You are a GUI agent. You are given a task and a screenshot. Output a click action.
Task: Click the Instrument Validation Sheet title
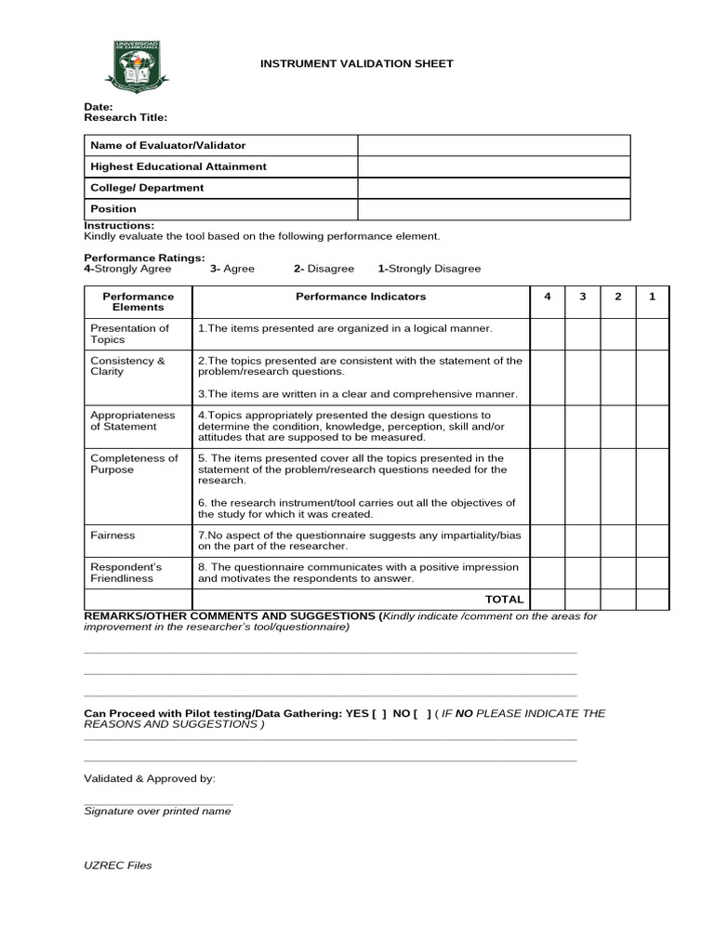pyautogui.click(x=356, y=64)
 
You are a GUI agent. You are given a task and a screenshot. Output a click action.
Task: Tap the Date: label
pyautogui.click(x=99, y=107)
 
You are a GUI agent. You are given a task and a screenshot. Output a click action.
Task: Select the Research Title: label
pyautogui.click(x=126, y=118)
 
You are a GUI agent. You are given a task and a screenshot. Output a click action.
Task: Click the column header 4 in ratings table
pyautogui.click(x=548, y=297)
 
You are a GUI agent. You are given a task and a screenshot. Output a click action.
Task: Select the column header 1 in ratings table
pyautogui.click(x=652, y=297)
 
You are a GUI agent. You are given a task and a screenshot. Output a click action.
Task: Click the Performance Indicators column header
pyautogui.click(x=361, y=297)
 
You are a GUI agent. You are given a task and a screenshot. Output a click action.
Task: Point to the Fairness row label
pyautogui.click(x=112, y=535)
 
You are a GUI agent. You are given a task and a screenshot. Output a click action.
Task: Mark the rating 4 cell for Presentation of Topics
pyautogui.click(x=548, y=334)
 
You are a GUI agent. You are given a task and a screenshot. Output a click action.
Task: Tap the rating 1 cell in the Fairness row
pyautogui.click(x=652, y=541)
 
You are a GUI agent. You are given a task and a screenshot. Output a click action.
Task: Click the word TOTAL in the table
pyautogui.click(x=505, y=600)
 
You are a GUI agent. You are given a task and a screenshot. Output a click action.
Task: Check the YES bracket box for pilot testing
pyautogui.click(x=378, y=714)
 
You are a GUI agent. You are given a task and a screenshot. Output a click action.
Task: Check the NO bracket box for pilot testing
pyautogui.click(x=422, y=714)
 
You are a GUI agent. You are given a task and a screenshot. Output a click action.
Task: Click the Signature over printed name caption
pyautogui.click(x=157, y=812)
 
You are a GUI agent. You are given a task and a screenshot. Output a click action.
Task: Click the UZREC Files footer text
pyautogui.click(x=117, y=866)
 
